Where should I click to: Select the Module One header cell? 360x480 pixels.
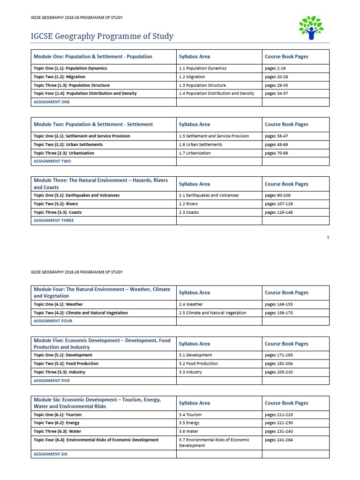pyautogui.click(x=93, y=57)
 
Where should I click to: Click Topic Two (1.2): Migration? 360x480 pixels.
pyautogui.click(x=60, y=77)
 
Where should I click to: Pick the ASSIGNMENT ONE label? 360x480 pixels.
pyautogui.click(x=52, y=102)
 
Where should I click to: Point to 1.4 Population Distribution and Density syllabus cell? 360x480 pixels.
pyautogui.click(x=217, y=94)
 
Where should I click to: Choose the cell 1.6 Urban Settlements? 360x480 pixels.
pyautogui.click(x=201, y=145)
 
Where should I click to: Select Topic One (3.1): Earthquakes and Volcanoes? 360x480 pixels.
pyautogui.click(x=76, y=195)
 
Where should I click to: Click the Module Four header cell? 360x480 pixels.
pyautogui.click(x=102, y=292)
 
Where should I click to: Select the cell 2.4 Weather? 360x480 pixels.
pyautogui.click(x=191, y=304)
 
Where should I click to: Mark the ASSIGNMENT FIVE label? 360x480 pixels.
pyautogui.click(x=52, y=381)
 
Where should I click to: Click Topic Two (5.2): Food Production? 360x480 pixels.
pyautogui.click(x=66, y=364)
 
